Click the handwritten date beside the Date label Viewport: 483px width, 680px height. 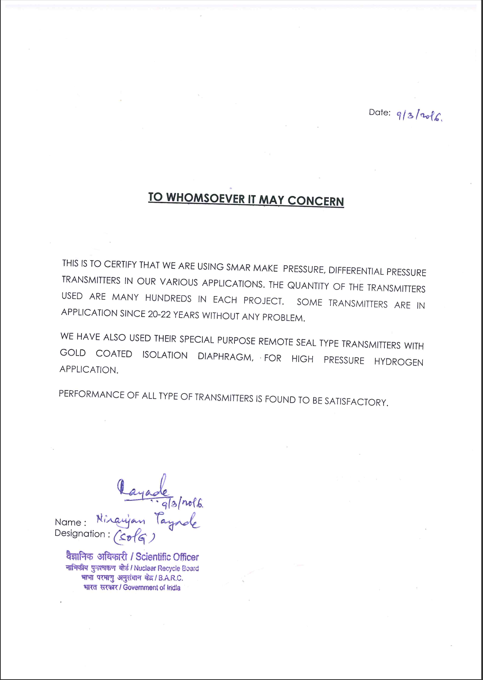(419, 116)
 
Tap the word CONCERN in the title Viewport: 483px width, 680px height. (315, 201)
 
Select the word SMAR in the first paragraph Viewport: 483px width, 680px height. (238, 268)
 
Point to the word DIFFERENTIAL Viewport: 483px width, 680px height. (356, 271)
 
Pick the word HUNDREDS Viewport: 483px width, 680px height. (168, 298)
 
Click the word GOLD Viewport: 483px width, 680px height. (73, 353)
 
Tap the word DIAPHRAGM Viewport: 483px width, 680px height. (225, 357)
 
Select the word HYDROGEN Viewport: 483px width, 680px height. (398, 362)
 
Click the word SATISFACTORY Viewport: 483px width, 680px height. (356, 402)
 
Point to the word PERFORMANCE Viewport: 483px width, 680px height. (92, 394)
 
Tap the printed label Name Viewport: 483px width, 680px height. (68, 522)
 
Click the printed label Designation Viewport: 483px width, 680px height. (80, 534)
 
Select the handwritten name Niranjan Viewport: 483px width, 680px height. (121, 520)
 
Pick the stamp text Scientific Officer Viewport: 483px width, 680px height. (167, 557)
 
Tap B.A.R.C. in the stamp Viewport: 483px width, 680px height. (171, 578)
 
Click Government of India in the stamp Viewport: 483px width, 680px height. (151, 588)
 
